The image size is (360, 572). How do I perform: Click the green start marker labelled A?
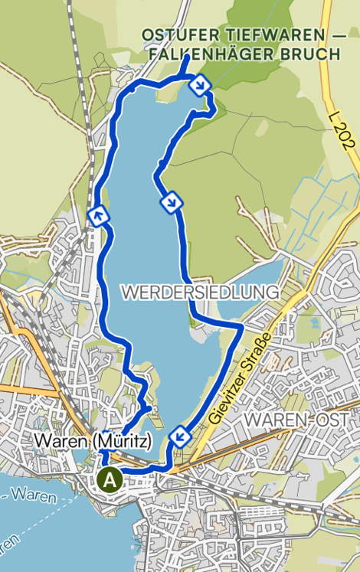point(110,480)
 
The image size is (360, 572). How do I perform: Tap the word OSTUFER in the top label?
point(172,35)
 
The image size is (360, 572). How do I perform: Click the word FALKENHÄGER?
point(201,54)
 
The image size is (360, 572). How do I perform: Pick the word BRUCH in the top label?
point(312,54)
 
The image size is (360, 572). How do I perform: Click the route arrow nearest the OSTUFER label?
point(200,85)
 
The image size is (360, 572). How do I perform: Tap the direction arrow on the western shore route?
point(97,216)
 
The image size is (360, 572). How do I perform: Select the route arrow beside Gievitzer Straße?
point(180,435)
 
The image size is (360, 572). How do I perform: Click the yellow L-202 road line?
point(329,77)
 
